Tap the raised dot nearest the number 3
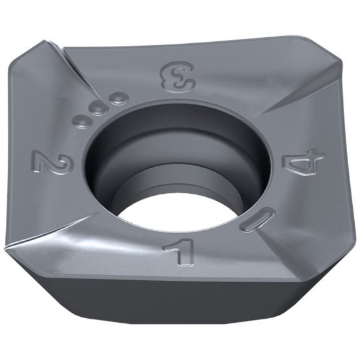pos(117,99)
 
